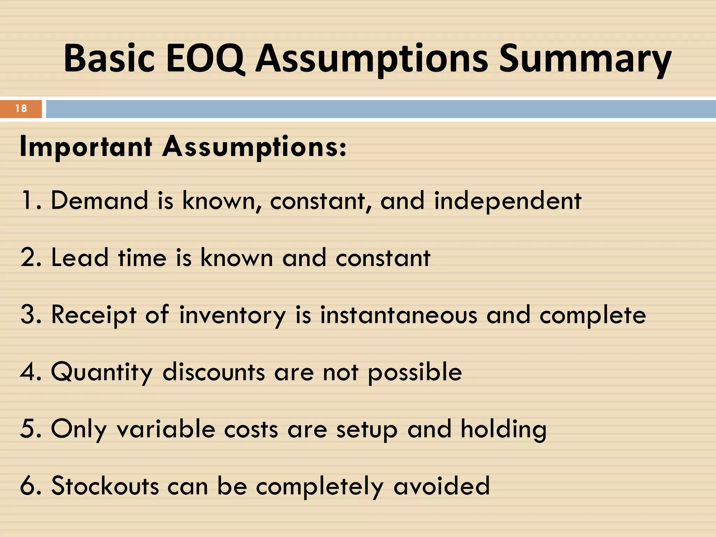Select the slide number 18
(21, 108)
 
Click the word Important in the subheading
(86, 147)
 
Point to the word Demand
(100, 200)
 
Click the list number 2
(28, 258)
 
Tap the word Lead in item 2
(80, 258)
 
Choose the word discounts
(214, 372)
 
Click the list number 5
(28, 429)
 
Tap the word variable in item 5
(166, 429)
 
